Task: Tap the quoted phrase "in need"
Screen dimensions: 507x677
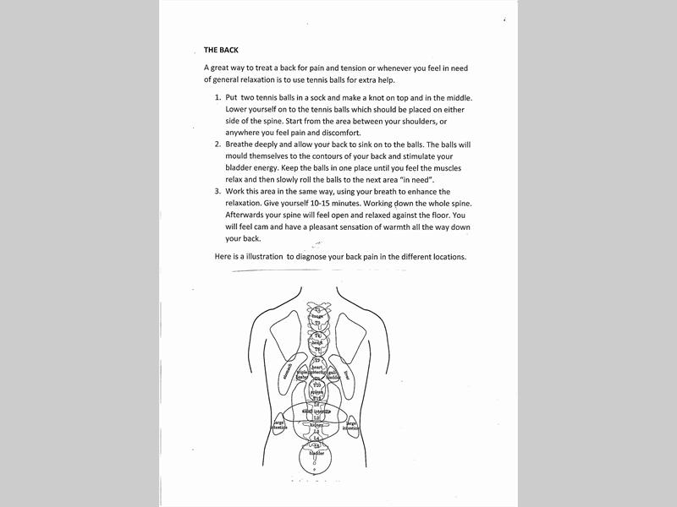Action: click(x=415, y=179)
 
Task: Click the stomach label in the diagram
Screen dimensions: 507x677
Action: click(x=288, y=372)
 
